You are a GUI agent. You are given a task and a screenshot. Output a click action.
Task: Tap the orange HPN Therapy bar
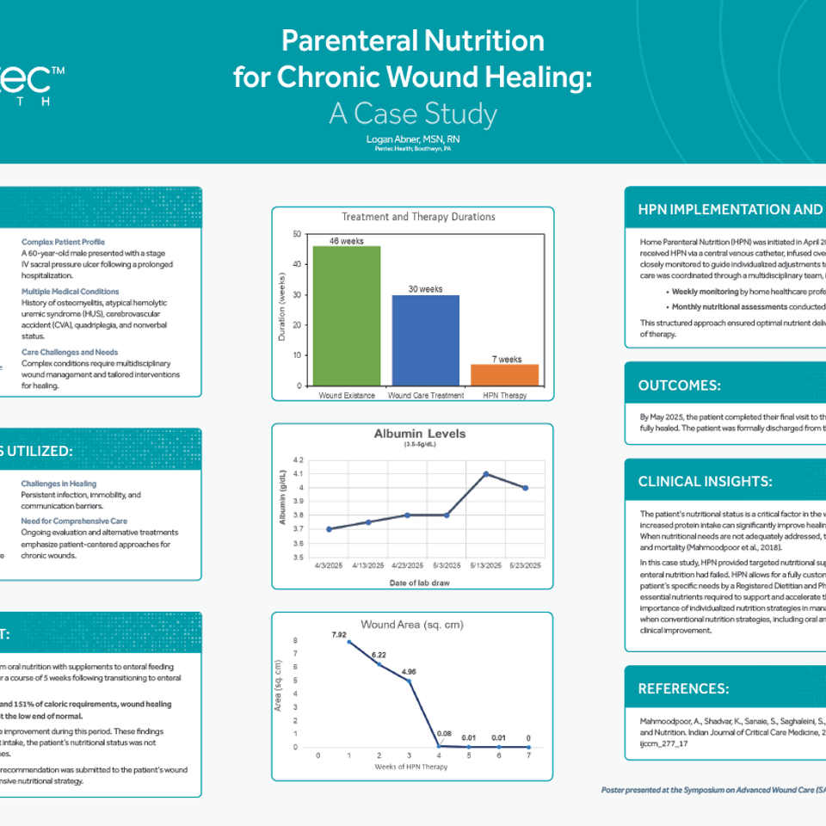504,375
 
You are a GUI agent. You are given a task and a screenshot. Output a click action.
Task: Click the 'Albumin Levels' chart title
420,434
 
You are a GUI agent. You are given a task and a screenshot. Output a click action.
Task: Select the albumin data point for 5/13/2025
485,474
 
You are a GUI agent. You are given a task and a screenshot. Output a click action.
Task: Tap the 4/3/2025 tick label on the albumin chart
330,565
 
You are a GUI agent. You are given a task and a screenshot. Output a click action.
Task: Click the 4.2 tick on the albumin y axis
299,460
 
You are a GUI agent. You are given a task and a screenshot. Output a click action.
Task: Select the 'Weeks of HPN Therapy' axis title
412,766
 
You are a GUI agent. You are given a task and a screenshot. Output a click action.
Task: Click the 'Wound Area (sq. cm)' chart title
413,624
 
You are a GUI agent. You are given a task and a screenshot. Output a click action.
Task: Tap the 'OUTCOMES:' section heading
680,385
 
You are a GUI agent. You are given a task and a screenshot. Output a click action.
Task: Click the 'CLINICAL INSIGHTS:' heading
706,481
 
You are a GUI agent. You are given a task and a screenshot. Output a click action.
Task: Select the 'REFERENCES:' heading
683,688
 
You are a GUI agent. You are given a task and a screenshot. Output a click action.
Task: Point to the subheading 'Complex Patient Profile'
63,243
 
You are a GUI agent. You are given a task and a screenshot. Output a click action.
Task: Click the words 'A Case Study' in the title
413,114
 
